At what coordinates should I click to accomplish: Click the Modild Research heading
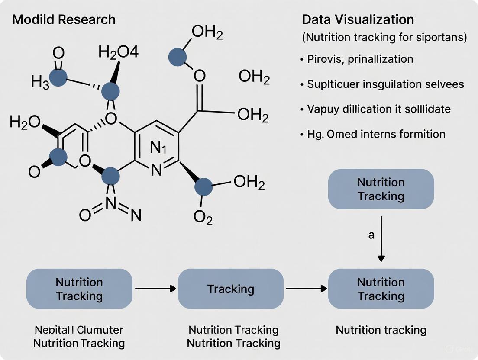tap(64, 19)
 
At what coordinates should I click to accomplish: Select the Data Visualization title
tap(358, 19)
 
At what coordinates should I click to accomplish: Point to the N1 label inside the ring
tap(158, 148)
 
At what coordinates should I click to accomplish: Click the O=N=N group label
tap(110, 214)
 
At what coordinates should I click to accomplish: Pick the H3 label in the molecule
tap(40, 82)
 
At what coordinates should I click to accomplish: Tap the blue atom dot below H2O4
tap(111, 92)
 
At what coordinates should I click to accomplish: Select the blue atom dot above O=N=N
tap(111, 177)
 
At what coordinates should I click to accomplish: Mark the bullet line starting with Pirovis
tap(360, 59)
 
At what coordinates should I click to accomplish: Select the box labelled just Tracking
tap(231, 289)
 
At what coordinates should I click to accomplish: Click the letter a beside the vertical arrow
tap(371, 235)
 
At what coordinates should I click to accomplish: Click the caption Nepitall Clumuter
tap(79, 330)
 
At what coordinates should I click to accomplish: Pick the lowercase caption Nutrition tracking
tap(381, 330)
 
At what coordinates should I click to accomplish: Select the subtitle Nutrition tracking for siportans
tap(384, 38)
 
